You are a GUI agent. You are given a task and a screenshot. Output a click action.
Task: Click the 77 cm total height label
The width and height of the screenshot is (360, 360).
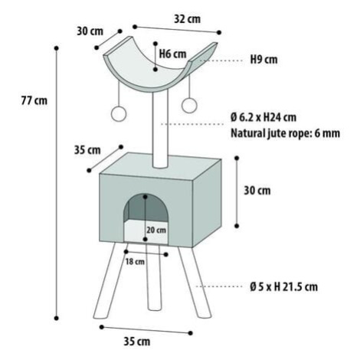(34, 100)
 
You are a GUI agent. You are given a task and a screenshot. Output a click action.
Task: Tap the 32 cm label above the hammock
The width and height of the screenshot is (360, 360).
(187, 19)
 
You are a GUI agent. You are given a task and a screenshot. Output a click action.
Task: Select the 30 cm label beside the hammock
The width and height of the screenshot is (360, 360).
(90, 31)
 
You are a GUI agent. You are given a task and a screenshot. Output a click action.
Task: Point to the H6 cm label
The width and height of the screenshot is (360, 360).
(172, 54)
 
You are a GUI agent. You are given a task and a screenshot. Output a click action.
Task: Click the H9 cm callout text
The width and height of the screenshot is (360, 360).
(263, 60)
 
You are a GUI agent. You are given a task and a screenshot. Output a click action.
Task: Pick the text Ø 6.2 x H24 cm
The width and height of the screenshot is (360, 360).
(263, 117)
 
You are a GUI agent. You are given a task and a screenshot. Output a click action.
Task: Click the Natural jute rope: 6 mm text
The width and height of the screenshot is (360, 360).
(285, 133)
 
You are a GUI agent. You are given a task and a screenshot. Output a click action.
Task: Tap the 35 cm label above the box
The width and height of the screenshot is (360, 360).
(87, 150)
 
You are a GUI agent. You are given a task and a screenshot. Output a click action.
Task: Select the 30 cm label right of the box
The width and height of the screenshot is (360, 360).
(257, 191)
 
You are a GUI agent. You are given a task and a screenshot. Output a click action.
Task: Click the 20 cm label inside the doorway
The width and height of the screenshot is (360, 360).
(156, 230)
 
